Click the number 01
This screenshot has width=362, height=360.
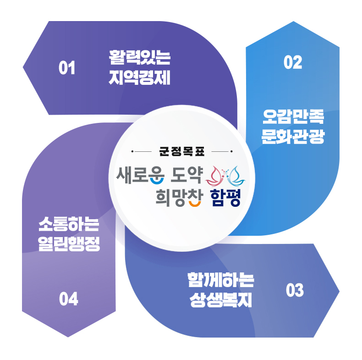click(x=67, y=69)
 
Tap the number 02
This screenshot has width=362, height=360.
click(x=293, y=62)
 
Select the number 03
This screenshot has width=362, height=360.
click(x=295, y=291)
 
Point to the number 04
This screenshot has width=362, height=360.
click(x=69, y=299)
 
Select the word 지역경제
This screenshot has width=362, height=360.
click(x=140, y=78)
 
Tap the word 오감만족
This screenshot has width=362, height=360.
click(x=293, y=117)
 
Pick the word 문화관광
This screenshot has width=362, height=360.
click(x=293, y=137)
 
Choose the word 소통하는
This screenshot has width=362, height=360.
click(x=68, y=225)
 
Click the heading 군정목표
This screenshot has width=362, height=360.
click(x=181, y=151)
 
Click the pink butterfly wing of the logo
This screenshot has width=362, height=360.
click(x=217, y=175)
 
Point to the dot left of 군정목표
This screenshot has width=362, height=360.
click(x=132, y=151)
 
